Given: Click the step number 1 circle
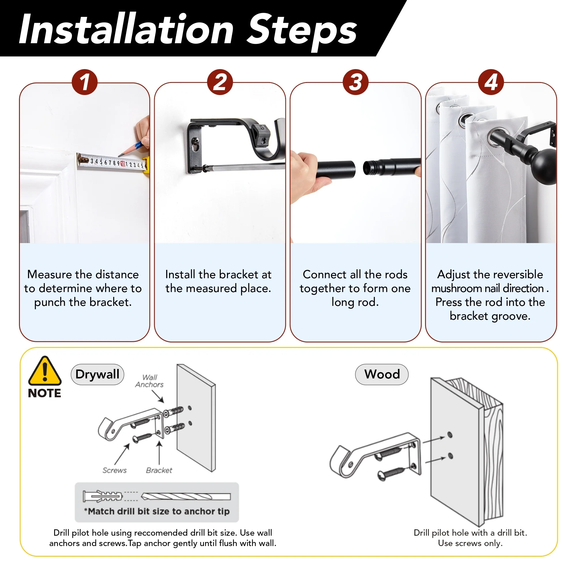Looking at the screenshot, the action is (x=85, y=82).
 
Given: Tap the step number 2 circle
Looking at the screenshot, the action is (x=220, y=82).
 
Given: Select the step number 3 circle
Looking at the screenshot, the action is (x=355, y=82).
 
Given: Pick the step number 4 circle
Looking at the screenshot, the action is (x=491, y=82).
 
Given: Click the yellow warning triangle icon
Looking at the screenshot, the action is (x=45, y=371).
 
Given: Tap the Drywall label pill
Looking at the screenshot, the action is (x=97, y=374).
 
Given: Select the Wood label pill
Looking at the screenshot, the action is (x=382, y=374).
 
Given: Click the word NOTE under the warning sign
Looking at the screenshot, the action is (x=44, y=393).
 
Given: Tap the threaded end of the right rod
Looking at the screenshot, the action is (x=369, y=168).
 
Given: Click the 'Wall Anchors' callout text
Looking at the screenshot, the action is (x=149, y=381).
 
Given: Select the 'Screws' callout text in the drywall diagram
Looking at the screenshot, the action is (x=115, y=471).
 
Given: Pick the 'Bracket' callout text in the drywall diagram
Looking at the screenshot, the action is (x=159, y=471).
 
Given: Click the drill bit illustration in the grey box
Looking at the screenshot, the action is (x=186, y=497).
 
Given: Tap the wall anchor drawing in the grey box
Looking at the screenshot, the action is (x=102, y=497).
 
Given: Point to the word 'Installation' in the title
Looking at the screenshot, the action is (x=126, y=29).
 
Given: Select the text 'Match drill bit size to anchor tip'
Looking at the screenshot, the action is (x=159, y=511).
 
